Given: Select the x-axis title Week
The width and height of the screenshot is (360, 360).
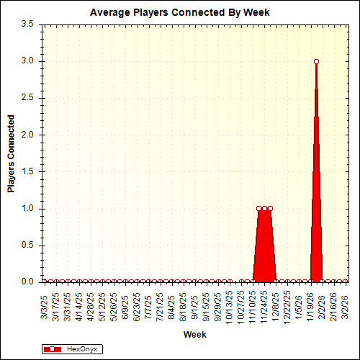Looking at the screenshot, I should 194,335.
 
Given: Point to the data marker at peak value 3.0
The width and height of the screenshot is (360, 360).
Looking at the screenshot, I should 316,61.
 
